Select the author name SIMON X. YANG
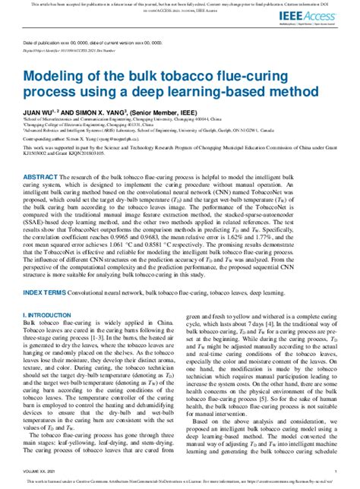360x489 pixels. (108, 112)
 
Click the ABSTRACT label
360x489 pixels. (39, 176)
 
